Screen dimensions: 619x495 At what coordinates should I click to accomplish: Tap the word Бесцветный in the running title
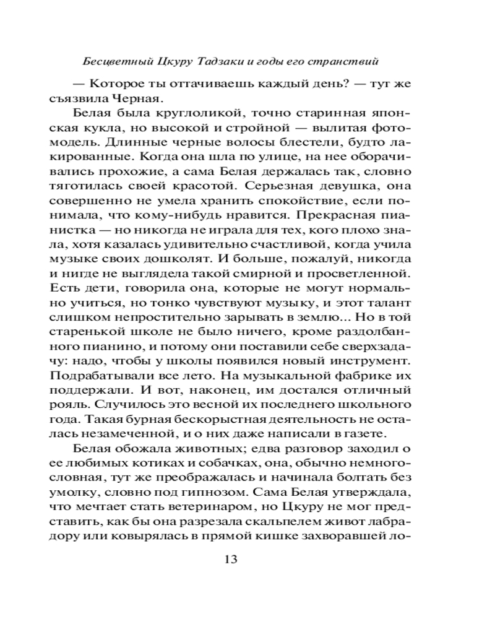[x=113, y=63]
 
